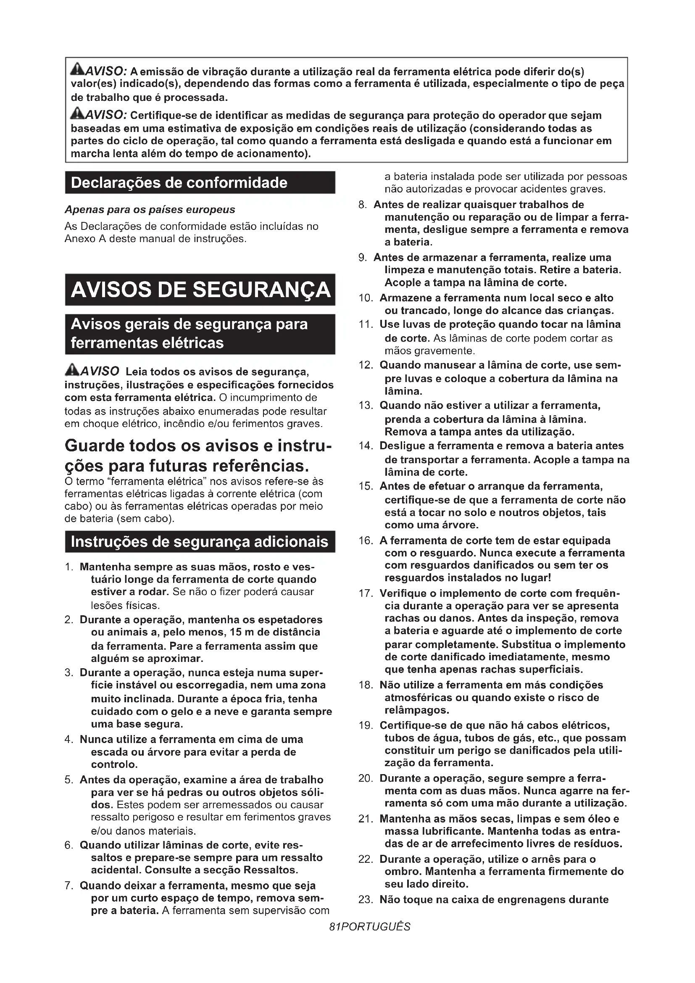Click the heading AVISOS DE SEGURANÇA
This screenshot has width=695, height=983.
[x=200, y=290]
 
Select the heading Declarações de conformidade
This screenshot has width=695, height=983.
[x=179, y=183]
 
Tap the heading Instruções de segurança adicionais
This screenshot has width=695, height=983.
[x=200, y=542]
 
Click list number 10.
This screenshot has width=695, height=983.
[x=366, y=298]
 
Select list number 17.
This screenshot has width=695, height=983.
[x=366, y=593]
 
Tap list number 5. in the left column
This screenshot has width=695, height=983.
[x=70, y=780]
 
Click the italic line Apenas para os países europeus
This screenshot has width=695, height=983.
[x=150, y=210]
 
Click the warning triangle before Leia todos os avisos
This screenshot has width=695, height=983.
[x=72, y=369]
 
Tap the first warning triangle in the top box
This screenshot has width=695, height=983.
[x=78, y=69]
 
